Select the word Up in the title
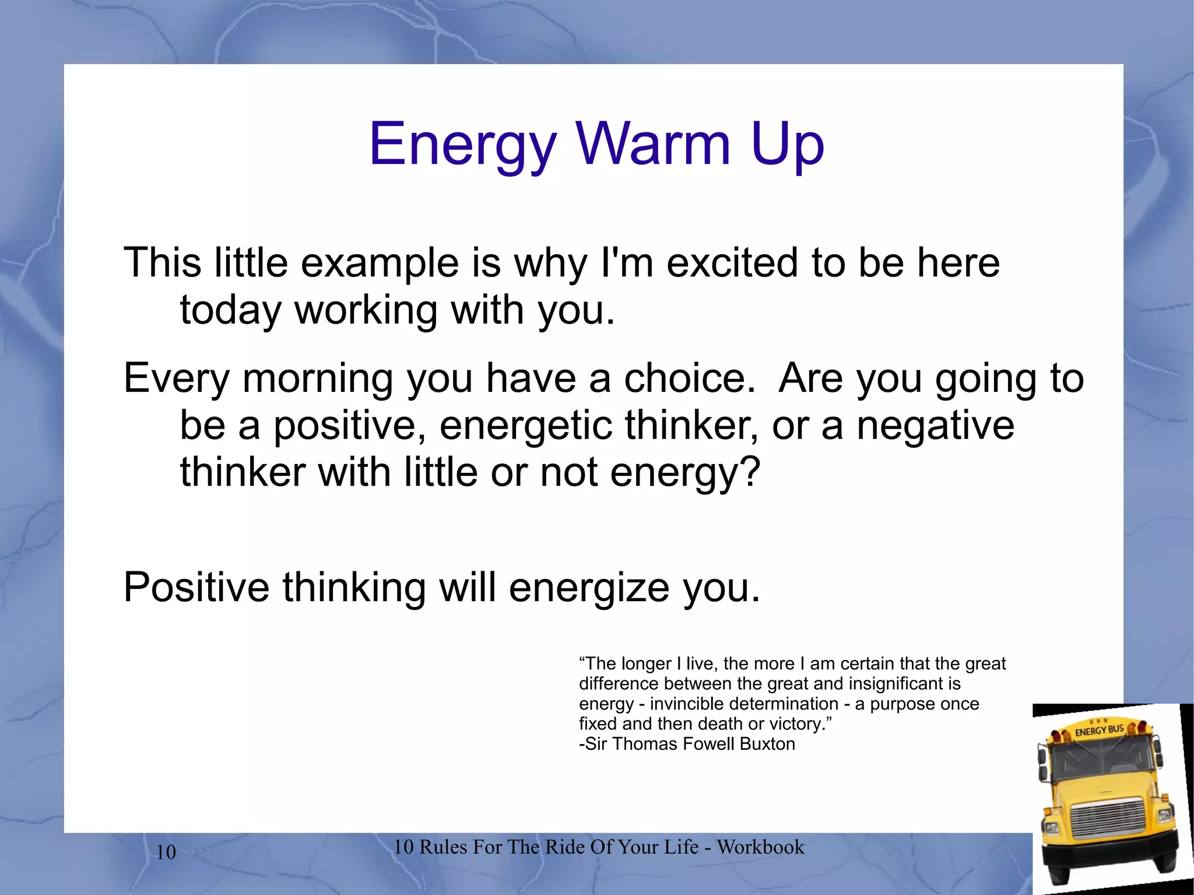click(x=787, y=145)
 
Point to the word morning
click(x=318, y=379)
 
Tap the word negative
click(x=935, y=426)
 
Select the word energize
click(x=589, y=588)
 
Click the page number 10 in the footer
click(x=166, y=852)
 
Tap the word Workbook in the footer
click(x=760, y=847)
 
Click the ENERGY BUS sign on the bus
click(x=1099, y=730)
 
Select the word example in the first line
click(x=380, y=264)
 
